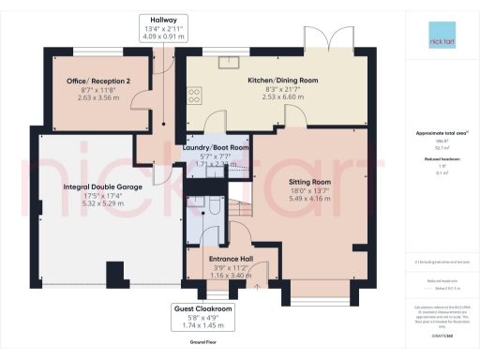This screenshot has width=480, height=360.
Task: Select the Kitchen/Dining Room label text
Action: pos(282,81)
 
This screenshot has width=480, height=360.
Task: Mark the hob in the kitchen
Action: pos(194,94)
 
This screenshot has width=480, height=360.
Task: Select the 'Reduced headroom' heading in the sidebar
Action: pos(440,160)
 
